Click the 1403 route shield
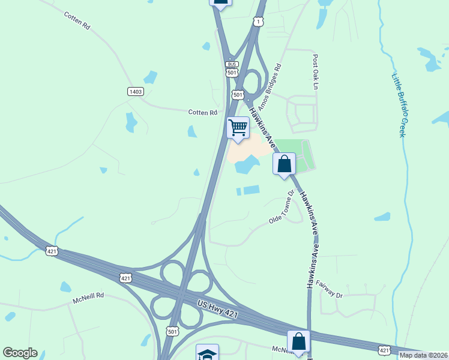coord(135,91)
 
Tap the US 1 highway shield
coord(258,22)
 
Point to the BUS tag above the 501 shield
coord(232,64)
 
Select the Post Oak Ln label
coord(314,72)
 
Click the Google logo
coord(20,353)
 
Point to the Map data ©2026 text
coord(424,355)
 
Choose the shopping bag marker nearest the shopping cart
coord(284,164)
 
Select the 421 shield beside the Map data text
coord(385,349)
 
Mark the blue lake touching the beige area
coord(247,164)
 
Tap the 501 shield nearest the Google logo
coord(173,331)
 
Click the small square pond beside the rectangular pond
coord(238,191)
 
